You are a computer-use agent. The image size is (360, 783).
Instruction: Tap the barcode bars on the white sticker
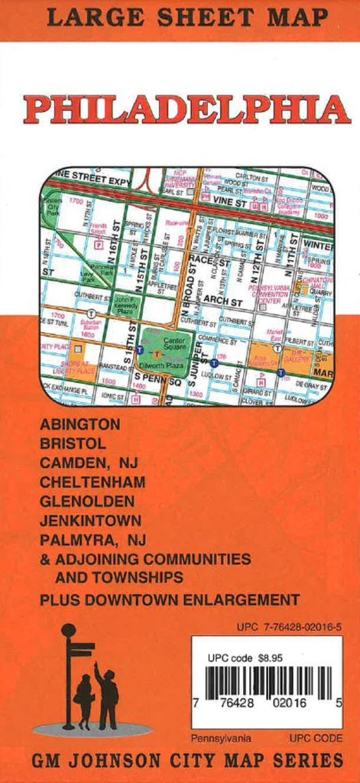(268, 683)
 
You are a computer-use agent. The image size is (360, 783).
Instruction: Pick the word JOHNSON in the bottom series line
(119, 762)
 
